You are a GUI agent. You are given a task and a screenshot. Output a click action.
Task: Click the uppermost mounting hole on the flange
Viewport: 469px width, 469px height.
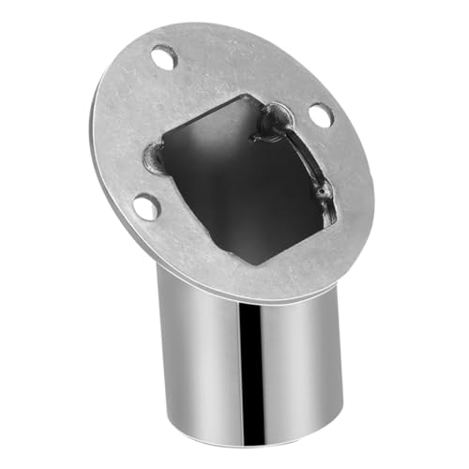tap(165, 58)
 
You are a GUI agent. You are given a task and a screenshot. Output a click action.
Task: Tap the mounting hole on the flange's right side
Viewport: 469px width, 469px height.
tap(320, 115)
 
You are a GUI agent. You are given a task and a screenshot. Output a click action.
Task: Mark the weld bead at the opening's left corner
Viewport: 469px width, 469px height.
tap(156, 159)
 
